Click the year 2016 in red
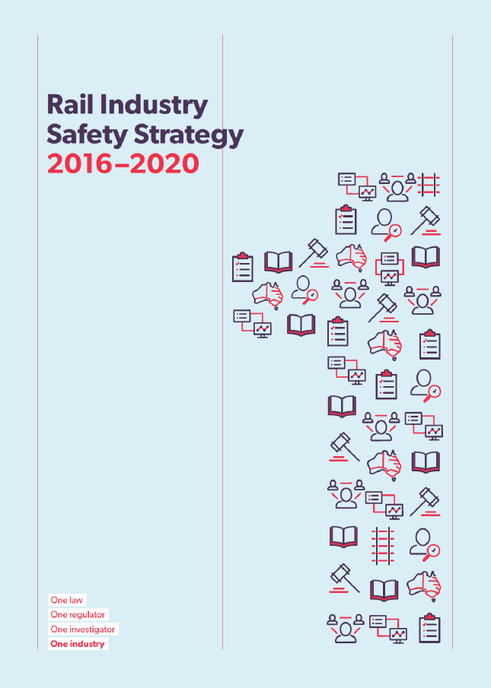81,163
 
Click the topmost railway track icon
429,184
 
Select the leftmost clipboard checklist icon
243,267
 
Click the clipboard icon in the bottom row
430,628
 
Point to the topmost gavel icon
426,220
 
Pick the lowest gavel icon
345,579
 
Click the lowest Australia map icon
424,585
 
